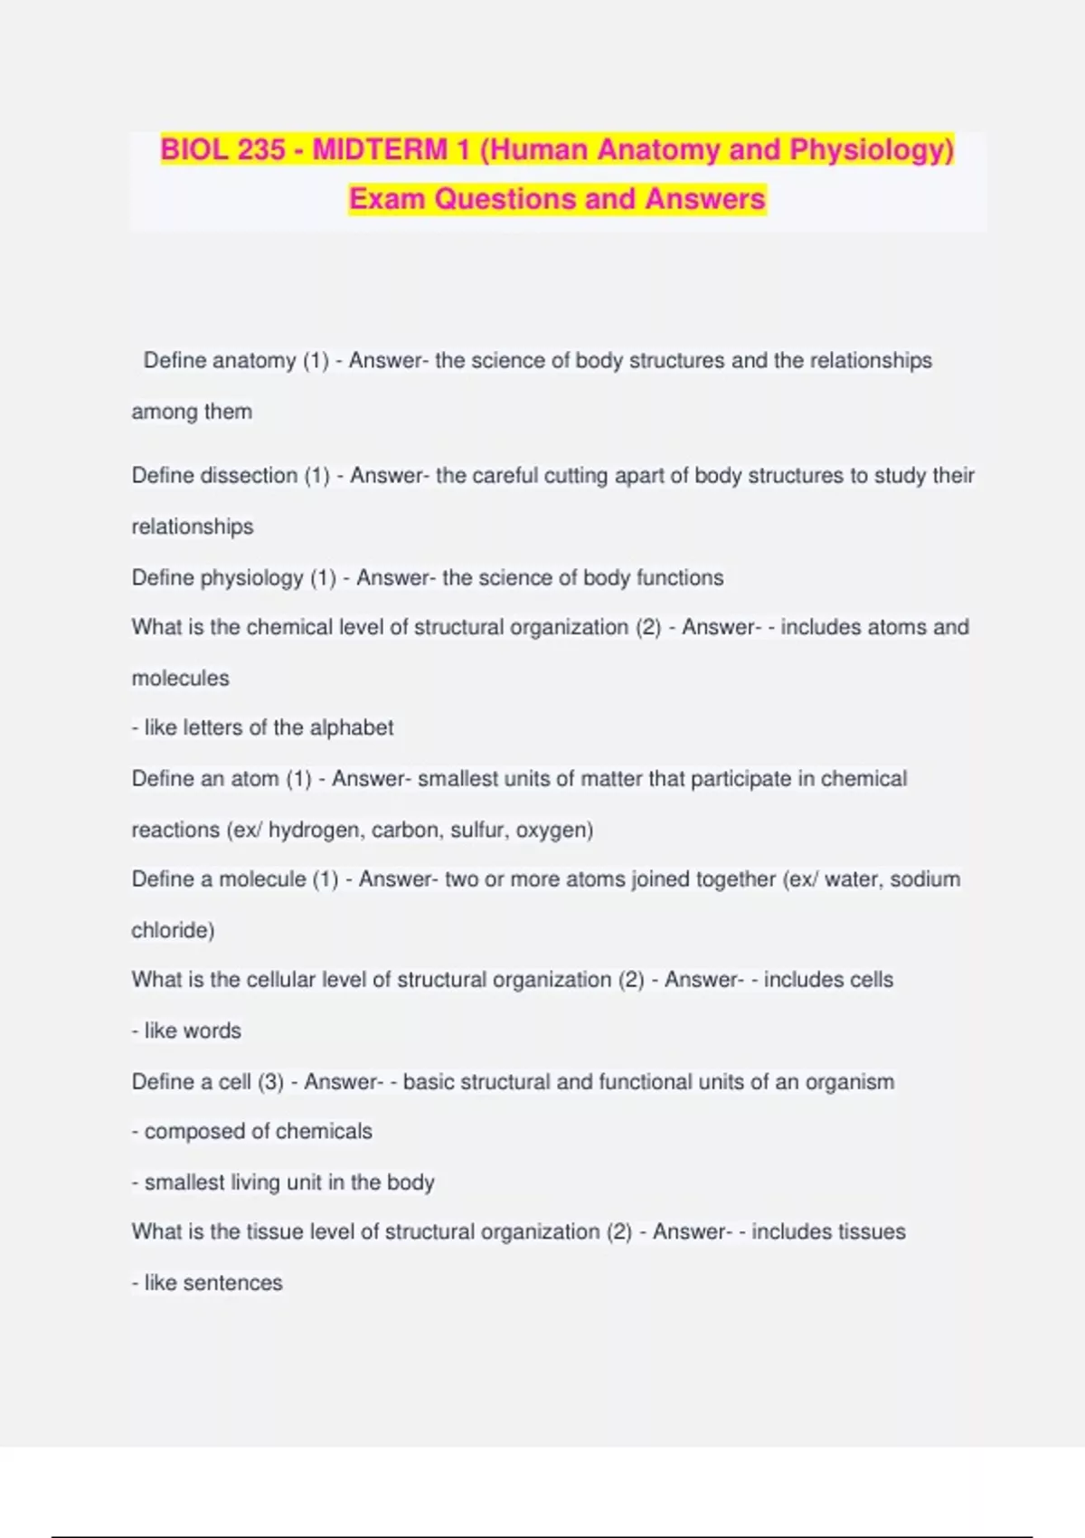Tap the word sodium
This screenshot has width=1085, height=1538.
[924, 879]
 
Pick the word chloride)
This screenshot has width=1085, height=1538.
[173, 930]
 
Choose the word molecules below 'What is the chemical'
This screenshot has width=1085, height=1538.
[180, 678]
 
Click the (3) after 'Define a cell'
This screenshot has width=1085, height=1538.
[270, 1082]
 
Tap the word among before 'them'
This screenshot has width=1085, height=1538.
[165, 412]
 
